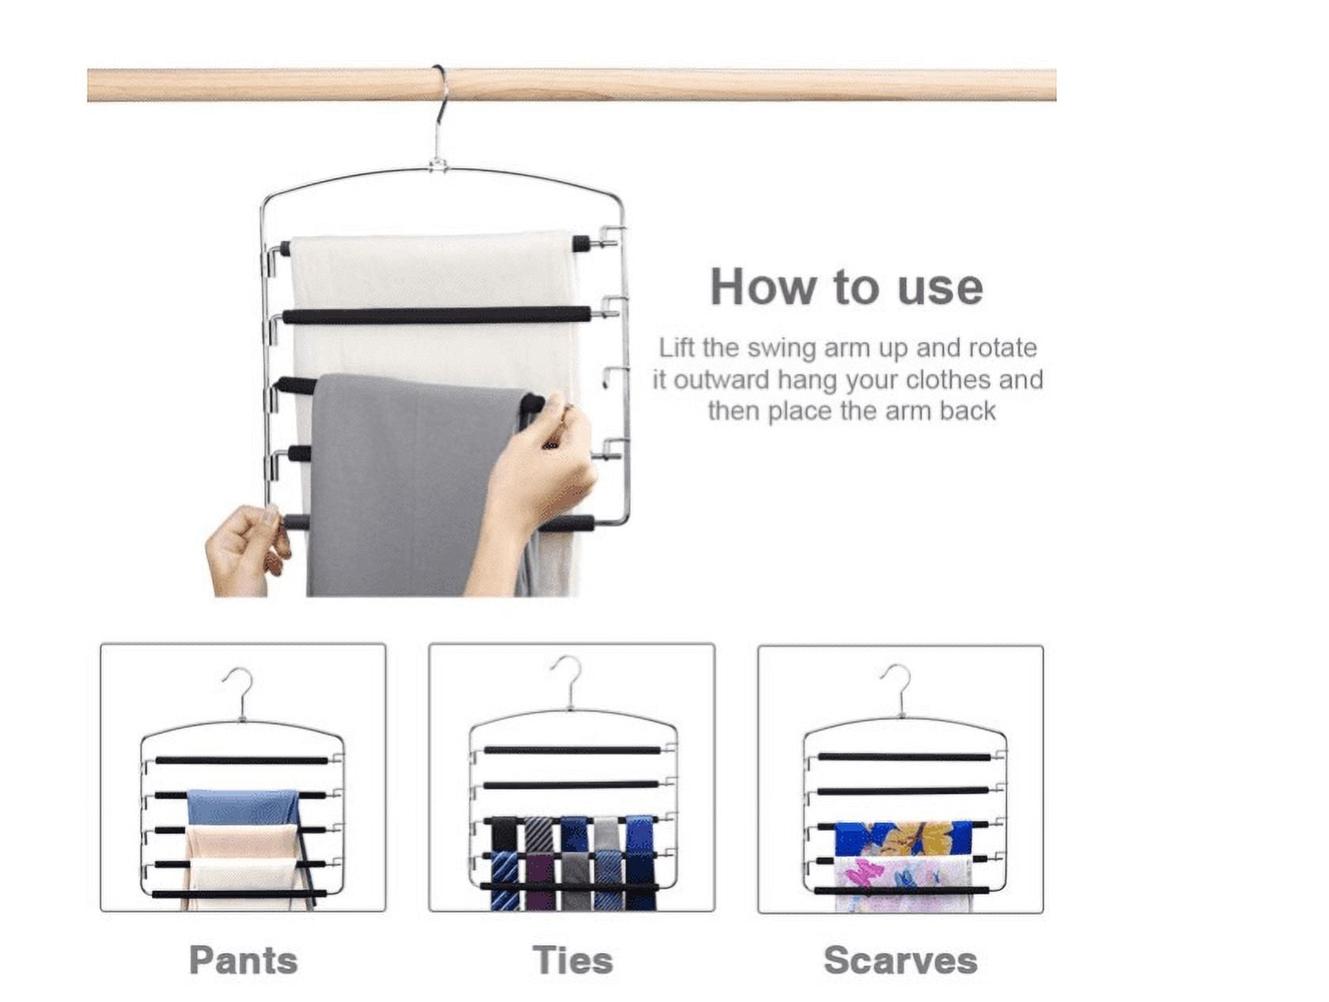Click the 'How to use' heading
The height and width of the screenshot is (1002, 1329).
(x=846, y=287)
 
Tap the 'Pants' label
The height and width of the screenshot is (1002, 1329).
(x=243, y=960)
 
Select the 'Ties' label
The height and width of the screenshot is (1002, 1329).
(x=572, y=960)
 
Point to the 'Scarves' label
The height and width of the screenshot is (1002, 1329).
(x=900, y=960)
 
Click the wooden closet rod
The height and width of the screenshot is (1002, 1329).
(x=572, y=85)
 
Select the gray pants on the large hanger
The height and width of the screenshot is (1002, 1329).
(x=418, y=484)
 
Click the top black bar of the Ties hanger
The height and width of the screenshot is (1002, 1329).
(x=572, y=750)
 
